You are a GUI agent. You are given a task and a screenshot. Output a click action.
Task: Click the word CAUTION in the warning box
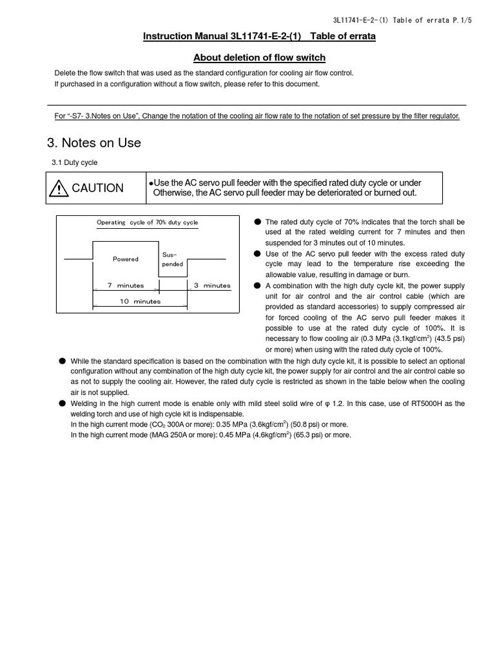click(x=97, y=188)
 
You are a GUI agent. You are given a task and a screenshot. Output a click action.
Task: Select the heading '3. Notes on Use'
click(x=94, y=143)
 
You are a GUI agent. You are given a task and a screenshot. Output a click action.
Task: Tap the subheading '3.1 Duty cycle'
click(x=74, y=162)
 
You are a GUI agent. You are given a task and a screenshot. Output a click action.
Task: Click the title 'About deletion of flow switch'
click(x=259, y=57)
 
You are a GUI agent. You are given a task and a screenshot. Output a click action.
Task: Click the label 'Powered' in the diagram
click(x=126, y=259)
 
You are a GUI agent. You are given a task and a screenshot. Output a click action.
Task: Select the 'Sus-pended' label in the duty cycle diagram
click(x=172, y=259)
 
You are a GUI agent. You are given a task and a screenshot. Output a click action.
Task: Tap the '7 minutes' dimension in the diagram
click(x=126, y=286)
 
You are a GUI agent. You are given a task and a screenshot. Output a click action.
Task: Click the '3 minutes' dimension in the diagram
click(x=212, y=286)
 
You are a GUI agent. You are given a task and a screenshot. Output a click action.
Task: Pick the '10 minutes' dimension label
click(x=140, y=301)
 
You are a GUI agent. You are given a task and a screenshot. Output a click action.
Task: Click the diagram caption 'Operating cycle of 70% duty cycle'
click(x=148, y=222)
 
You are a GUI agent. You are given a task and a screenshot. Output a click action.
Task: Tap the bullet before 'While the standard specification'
click(x=63, y=362)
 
